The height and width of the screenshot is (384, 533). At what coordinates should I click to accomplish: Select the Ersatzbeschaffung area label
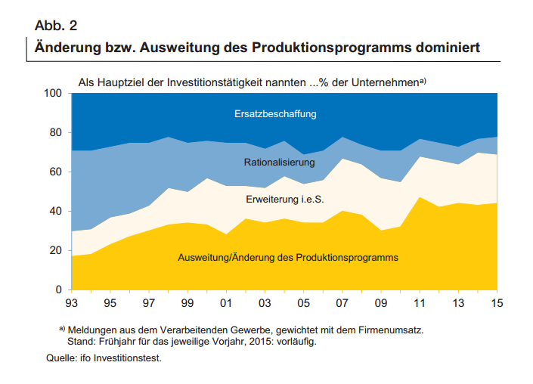click(x=274, y=114)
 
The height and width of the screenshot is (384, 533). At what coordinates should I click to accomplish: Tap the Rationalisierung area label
click(x=279, y=163)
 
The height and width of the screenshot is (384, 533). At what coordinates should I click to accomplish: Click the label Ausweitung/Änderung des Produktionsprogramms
click(x=287, y=258)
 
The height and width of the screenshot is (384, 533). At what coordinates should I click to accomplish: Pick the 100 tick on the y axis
click(x=53, y=94)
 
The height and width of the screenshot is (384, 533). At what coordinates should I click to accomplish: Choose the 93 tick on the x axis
click(x=72, y=304)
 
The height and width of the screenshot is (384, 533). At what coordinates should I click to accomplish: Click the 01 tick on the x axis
click(x=226, y=304)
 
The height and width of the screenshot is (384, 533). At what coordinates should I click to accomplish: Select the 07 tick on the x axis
click(x=342, y=304)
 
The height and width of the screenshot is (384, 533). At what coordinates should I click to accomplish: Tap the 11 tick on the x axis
click(x=419, y=304)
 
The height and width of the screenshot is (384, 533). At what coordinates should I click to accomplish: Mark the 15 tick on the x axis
click(x=496, y=304)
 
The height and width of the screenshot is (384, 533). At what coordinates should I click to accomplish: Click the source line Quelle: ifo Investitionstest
click(x=104, y=358)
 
